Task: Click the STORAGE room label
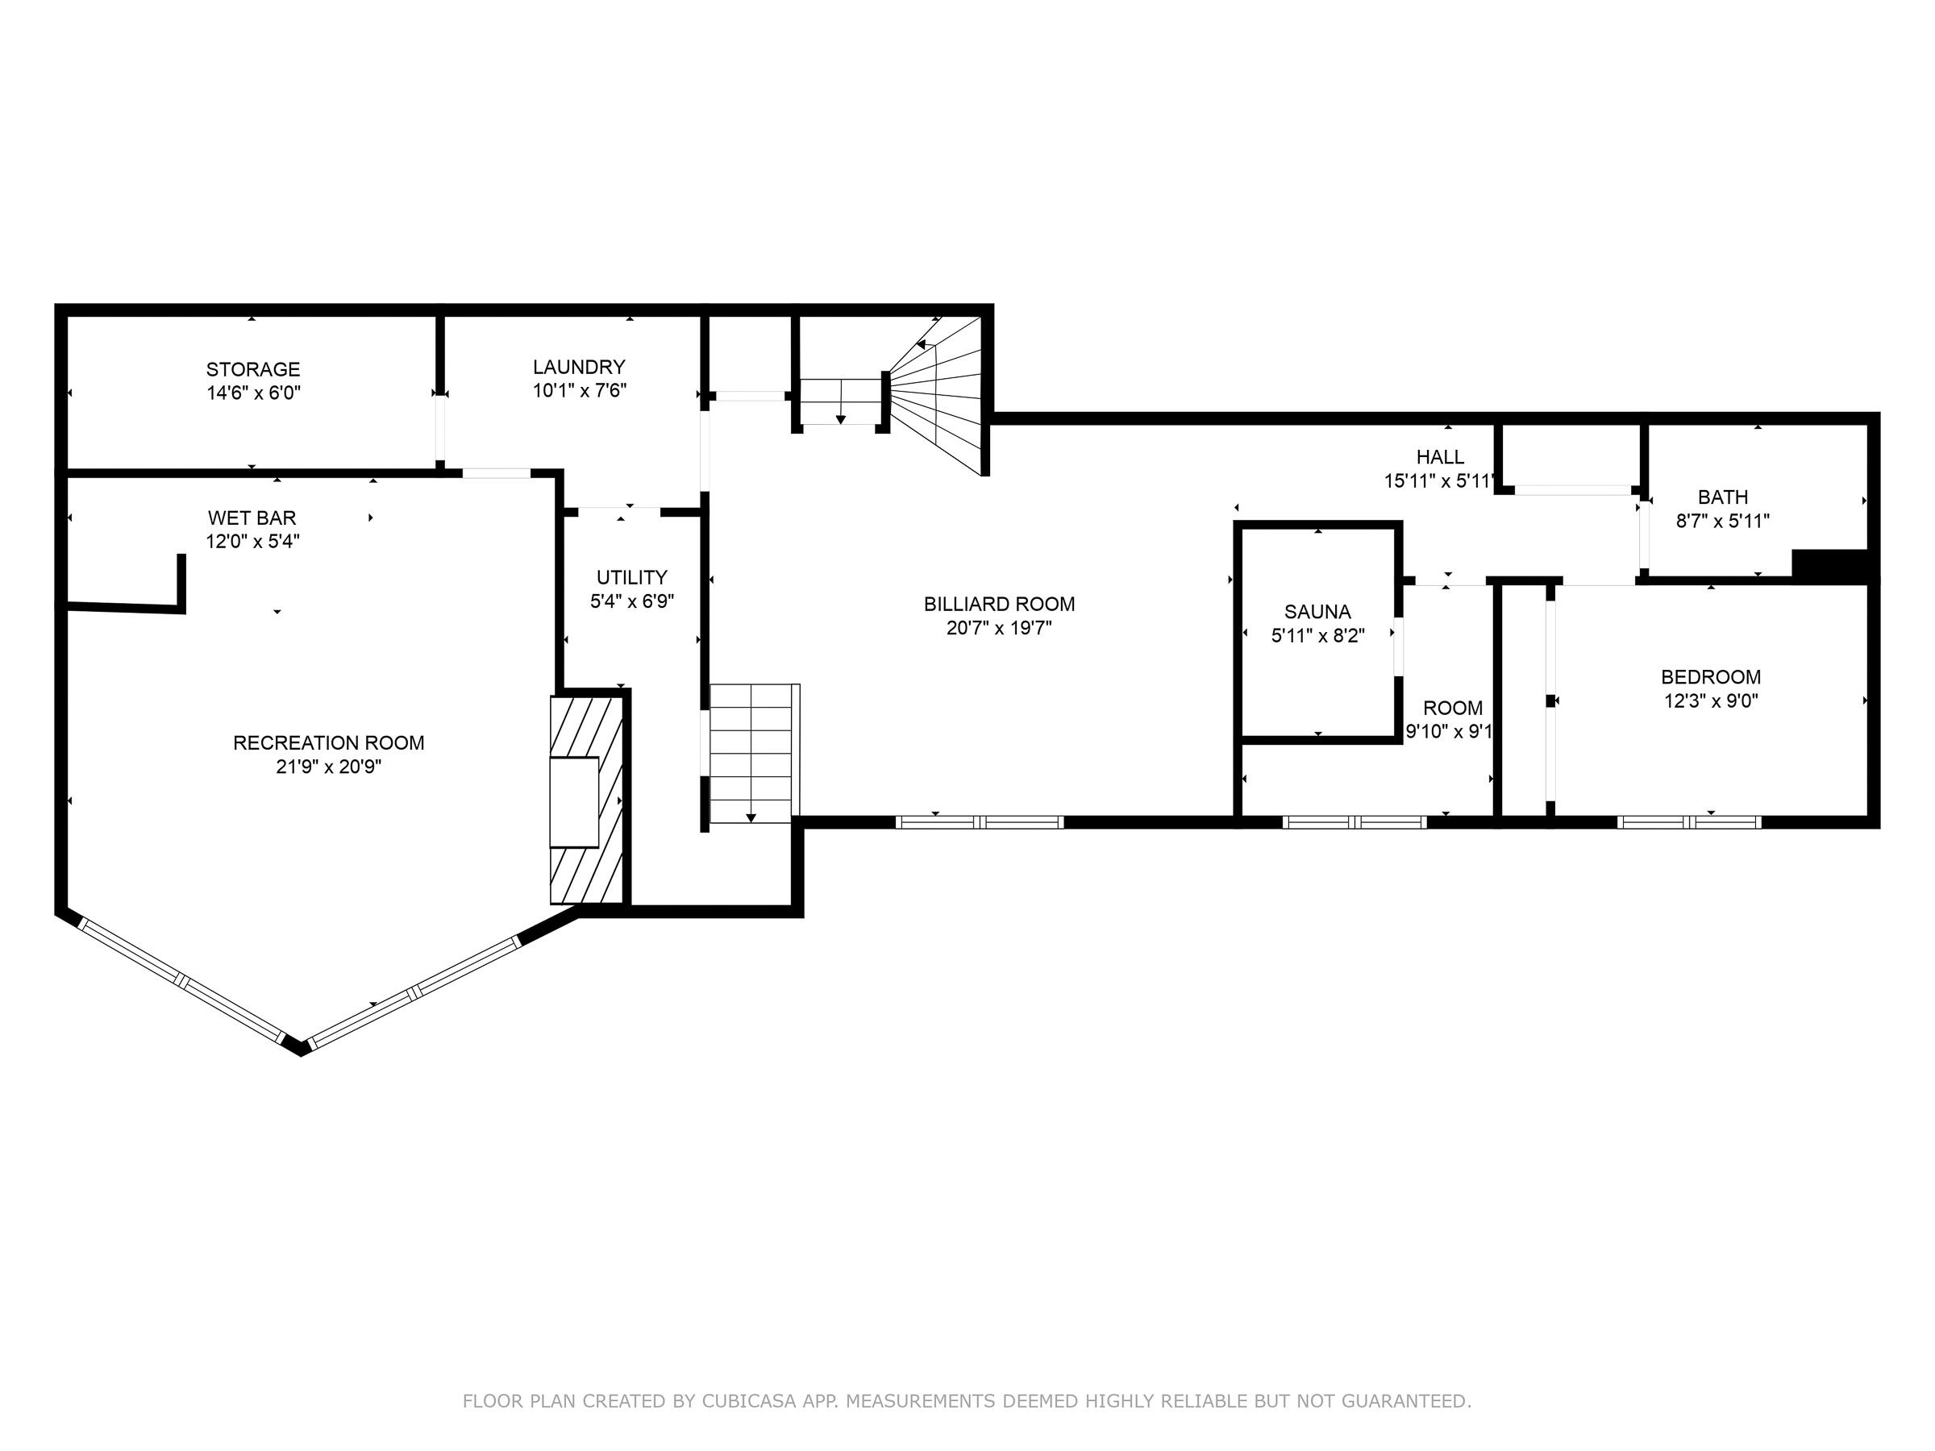point(253,369)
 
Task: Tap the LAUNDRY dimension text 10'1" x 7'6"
point(580,390)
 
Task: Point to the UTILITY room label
point(631,577)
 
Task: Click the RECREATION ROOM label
point(328,742)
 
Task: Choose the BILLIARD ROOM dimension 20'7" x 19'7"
point(999,627)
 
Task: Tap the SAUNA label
point(1317,611)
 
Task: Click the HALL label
point(1440,456)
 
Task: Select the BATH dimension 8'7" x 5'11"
point(1722,521)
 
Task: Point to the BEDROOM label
point(1710,676)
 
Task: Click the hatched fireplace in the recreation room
point(586,800)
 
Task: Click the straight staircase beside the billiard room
point(753,753)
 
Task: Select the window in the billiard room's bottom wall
point(980,822)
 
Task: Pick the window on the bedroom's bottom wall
point(1689,822)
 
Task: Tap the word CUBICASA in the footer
point(749,1401)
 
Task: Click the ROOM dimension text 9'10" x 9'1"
point(1449,731)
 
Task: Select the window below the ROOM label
point(1355,822)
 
